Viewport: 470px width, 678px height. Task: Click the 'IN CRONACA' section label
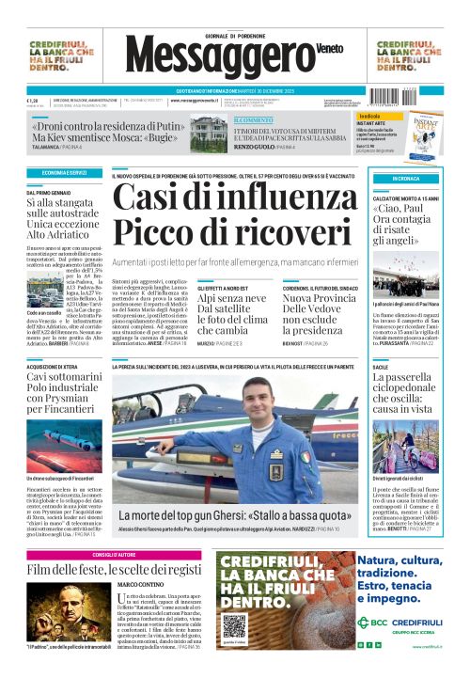(405, 178)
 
